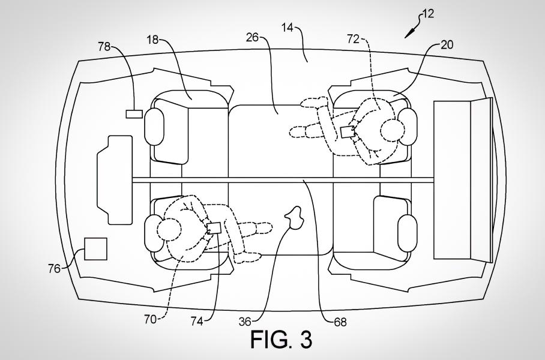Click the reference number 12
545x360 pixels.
(428, 14)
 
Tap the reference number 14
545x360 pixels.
(288, 27)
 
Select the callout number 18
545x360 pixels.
(152, 40)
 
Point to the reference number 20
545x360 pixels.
(447, 45)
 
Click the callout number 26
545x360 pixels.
(253, 37)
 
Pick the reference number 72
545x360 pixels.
(353, 39)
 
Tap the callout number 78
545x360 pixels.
(104, 46)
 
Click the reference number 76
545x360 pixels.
(55, 269)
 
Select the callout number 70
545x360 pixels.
(151, 319)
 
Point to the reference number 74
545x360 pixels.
(197, 322)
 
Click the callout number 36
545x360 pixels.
(245, 322)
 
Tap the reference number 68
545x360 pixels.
(340, 322)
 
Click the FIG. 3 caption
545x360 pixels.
(281, 340)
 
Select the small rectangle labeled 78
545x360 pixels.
(134, 113)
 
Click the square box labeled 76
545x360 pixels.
(95, 249)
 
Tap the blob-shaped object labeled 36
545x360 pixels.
(295, 218)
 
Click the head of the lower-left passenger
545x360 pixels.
(169, 229)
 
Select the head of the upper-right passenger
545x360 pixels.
(393, 131)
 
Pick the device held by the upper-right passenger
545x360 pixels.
(348, 132)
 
